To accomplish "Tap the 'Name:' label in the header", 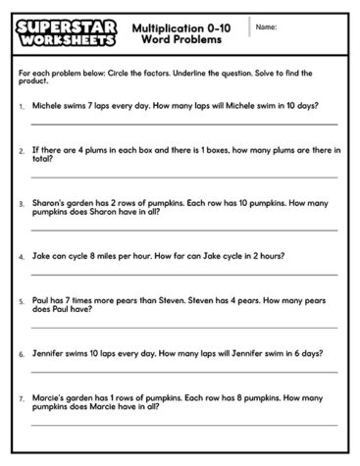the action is [x=266, y=27].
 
